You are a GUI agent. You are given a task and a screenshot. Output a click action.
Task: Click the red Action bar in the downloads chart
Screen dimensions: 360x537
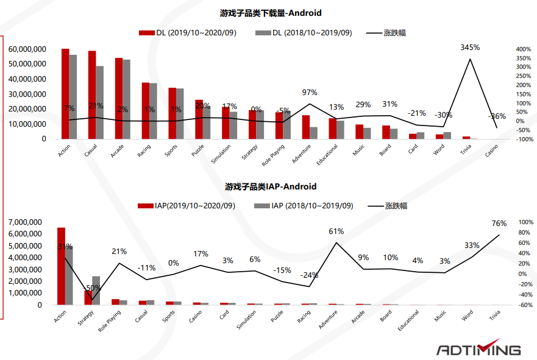click(x=65, y=94)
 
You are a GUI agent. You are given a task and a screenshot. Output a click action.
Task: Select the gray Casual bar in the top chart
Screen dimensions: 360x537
click(x=100, y=102)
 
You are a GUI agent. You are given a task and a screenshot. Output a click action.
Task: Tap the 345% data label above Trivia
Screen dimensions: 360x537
click(x=470, y=47)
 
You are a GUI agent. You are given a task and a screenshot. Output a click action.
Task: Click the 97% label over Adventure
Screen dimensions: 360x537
click(x=310, y=93)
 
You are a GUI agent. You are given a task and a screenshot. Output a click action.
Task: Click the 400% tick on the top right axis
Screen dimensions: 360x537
click(x=506, y=49)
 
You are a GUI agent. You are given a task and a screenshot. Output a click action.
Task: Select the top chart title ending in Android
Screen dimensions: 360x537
click(x=271, y=13)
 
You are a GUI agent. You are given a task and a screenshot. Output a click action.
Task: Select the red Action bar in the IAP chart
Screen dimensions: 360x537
click(x=61, y=266)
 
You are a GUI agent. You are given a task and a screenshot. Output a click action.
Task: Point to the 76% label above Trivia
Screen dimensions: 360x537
click(x=499, y=223)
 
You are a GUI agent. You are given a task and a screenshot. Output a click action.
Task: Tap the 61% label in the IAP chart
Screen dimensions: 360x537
click(x=336, y=231)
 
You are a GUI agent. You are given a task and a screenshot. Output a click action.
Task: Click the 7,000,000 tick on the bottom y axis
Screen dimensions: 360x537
click(x=25, y=222)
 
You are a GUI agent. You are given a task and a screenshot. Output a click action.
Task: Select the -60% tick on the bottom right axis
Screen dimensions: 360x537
click(x=509, y=305)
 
